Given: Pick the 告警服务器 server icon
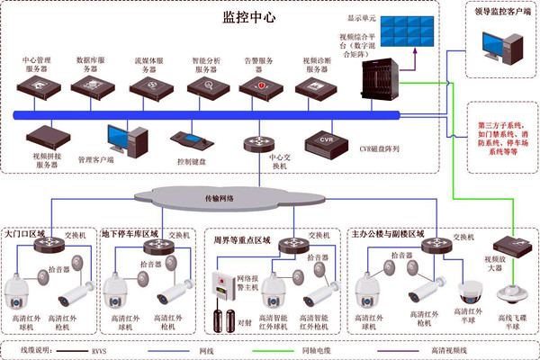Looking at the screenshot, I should [258, 89].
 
